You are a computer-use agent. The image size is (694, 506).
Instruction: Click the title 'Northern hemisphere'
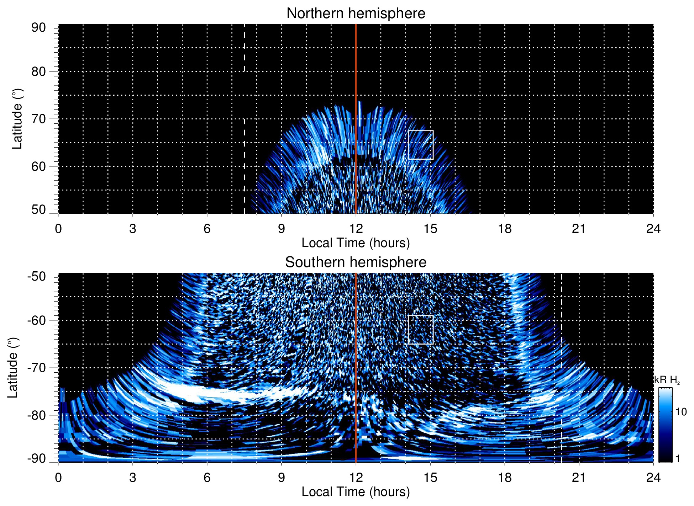click(356, 14)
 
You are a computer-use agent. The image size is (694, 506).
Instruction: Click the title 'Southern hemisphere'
click(356, 262)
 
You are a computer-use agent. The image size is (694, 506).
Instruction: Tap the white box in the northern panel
click(420, 145)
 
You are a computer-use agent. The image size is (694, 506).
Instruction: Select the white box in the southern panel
click(420, 330)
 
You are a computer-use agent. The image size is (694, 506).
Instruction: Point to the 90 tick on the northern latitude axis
click(38, 28)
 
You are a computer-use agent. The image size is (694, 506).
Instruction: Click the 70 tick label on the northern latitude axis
click(38, 119)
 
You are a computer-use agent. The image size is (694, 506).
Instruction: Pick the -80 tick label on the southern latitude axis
click(37, 415)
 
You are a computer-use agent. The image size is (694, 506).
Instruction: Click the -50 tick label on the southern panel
click(37, 276)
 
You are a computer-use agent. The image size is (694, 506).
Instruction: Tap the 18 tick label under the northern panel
click(504, 229)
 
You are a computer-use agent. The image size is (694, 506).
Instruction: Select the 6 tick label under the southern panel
click(207, 478)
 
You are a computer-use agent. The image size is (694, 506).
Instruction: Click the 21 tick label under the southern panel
click(579, 478)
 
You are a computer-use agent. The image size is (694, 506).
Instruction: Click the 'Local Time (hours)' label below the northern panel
click(356, 243)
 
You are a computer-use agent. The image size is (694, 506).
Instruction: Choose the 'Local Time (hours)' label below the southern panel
click(356, 492)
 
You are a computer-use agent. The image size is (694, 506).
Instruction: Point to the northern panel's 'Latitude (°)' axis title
click(17, 119)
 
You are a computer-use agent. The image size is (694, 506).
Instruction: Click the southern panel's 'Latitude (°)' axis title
click(13, 368)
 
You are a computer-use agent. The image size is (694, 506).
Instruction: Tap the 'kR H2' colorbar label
click(667, 380)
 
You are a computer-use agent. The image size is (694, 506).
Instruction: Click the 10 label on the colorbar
click(681, 412)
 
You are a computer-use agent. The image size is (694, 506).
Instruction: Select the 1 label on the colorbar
click(678, 459)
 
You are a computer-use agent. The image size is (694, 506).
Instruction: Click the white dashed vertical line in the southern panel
click(561, 409)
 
